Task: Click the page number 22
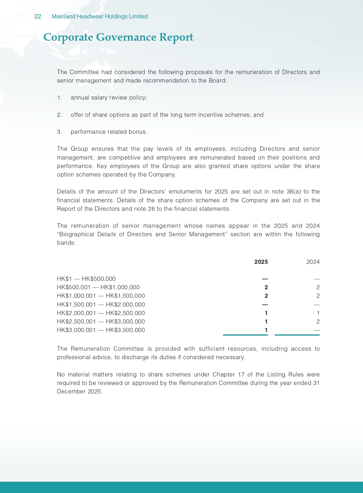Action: [37, 17]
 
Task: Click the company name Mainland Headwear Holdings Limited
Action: [99, 17]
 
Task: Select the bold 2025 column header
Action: [261, 262]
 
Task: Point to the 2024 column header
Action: [313, 262]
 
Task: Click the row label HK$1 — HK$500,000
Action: [86, 279]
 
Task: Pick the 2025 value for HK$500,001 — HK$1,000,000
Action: [266, 287]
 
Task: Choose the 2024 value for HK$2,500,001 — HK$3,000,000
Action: [318, 322]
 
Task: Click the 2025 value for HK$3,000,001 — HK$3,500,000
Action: [266, 330]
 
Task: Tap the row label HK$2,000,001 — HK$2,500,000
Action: [101, 313]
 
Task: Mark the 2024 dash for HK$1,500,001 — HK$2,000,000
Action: [316, 305]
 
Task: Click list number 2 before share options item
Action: [59, 115]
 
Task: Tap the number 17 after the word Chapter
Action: [241, 375]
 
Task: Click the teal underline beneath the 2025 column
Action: [245, 335]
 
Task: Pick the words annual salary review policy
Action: [109, 98]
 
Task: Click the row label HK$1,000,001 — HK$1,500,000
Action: [101, 296]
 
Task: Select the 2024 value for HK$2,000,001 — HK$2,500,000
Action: [318, 313]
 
